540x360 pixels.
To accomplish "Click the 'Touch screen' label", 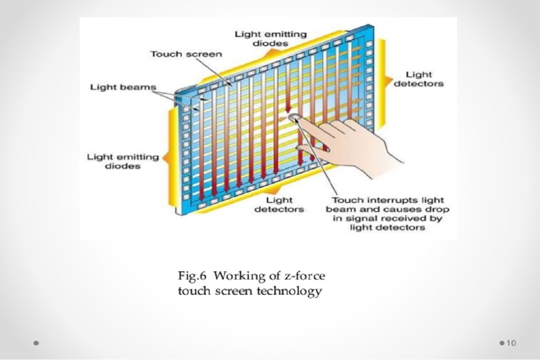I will click(186, 54).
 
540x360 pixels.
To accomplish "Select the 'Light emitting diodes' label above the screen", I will click(264, 39).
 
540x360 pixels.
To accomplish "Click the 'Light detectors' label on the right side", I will click(418, 79).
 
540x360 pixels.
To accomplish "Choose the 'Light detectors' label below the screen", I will click(279, 204).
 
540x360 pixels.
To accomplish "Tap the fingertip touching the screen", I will click(295, 118).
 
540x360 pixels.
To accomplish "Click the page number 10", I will click(511, 343).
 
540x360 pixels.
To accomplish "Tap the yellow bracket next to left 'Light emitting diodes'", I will click(171, 157).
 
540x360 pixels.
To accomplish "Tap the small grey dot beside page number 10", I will click(502, 343).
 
